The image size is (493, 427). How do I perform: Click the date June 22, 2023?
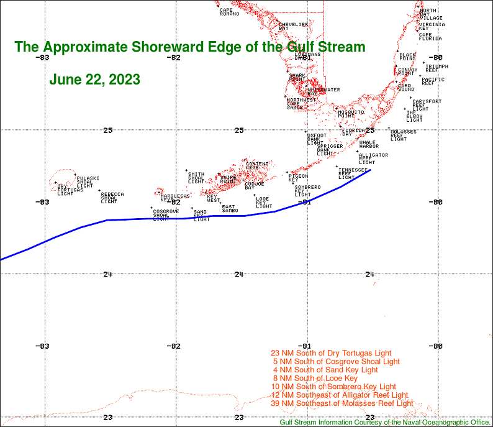[94, 80]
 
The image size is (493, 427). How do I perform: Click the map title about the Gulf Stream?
[189, 47]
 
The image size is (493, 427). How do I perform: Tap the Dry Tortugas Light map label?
[65, 190]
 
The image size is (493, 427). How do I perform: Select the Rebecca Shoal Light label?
[112, 198]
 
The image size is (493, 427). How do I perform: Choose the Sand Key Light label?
[202, 216]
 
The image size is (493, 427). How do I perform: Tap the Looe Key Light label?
[264, 202]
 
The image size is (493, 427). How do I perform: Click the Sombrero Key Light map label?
[307, 191]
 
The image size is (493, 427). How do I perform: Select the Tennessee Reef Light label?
[353, 173]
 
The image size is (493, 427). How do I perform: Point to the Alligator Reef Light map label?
[373, 158]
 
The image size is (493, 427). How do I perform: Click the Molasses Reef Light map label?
[403, 135]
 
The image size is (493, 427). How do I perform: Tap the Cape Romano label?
[229, 12]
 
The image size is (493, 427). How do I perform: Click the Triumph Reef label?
[436, 68]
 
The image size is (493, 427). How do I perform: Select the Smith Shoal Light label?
[196, 178]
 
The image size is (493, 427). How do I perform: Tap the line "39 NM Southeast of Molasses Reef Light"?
[342, 403]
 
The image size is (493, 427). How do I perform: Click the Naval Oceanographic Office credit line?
[385, 422]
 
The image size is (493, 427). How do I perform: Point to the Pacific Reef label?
[433, 81]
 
